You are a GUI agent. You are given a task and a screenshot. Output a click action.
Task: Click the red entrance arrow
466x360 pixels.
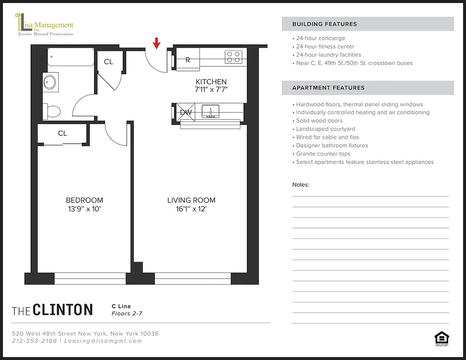tap(157, 43)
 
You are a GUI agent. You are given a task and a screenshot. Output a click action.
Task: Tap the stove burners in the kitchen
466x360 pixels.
tap(233, 57)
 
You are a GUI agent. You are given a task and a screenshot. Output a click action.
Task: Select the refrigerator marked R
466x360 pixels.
tap(188, 60)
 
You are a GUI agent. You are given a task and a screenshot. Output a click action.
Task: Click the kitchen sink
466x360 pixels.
tap(210, 111)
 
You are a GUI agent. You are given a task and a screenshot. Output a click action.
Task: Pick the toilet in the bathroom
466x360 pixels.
tap(52, 111)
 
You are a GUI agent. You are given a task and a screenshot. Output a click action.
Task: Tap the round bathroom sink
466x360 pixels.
tap(50, 82)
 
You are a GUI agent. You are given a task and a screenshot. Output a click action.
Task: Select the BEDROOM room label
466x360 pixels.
tap(84, 200)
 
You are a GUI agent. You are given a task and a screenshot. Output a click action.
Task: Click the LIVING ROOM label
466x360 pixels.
tap(191, 200)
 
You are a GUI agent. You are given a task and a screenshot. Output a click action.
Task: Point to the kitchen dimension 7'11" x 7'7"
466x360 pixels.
tap(211, 89)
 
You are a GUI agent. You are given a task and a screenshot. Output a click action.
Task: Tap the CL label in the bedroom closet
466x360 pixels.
tap(63, 133)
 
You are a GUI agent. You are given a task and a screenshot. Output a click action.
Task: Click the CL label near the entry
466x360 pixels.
tap(109, 62)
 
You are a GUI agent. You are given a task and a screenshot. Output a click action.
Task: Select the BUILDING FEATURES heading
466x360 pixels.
tap(324, 24)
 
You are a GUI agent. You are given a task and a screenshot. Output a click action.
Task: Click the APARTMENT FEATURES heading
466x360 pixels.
tap(328, 88)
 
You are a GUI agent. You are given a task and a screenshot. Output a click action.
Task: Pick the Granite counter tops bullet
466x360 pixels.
tap(323, 154)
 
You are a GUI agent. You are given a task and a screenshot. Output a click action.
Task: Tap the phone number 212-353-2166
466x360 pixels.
tap(35, 341)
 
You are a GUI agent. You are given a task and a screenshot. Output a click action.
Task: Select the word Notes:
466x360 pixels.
tap(301, 185)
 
